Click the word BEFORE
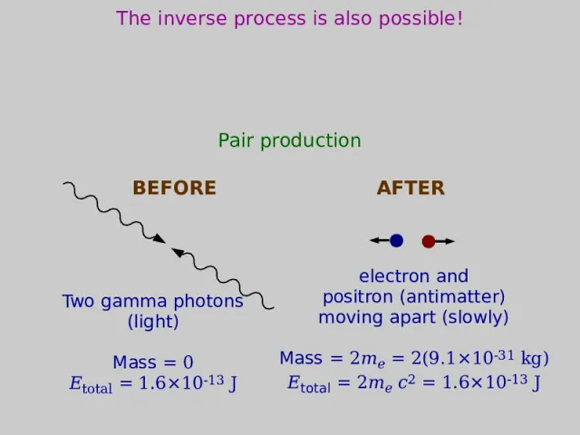[174, 188]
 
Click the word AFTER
[411, 188]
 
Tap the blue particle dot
[396, 240]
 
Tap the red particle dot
[429, 242]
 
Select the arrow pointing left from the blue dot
[380, 240]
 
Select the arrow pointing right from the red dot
[445, 242]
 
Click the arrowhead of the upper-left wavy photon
[159, 238]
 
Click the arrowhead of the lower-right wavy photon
[178, 252]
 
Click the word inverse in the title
[192, 18]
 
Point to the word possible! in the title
[420, 19]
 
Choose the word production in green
[311, 141]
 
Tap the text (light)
[153, 322]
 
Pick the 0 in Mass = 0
[188, 362]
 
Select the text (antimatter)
[453, 297]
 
